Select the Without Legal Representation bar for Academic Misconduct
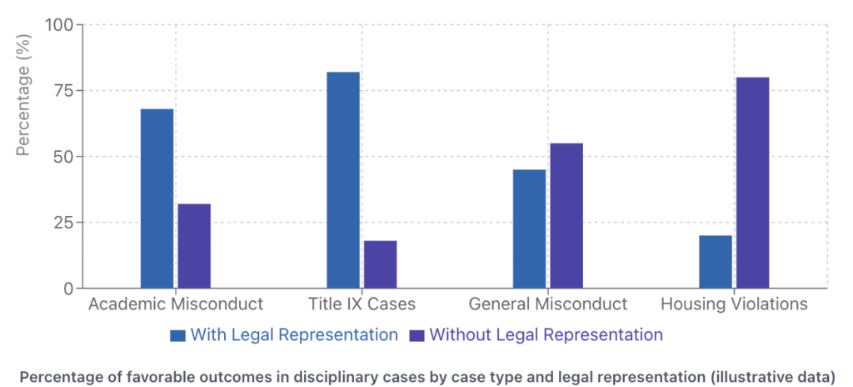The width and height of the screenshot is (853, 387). click(x=194, y=246)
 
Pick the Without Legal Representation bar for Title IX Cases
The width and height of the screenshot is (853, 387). click(x=380, y=264)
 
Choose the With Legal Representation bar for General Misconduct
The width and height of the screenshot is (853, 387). click(x=529, y=229)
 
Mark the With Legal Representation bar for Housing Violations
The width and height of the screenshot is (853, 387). click(x=716, y=262)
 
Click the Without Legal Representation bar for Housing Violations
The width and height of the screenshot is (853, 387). click(x=752, y=183)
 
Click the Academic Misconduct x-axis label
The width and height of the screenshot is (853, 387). click(x=176, y=304)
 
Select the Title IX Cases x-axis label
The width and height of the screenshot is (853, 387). click(x=362, y=304)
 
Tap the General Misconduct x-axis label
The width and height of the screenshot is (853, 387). click(x=548, y=304)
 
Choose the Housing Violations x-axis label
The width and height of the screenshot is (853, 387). click(x=734, y=304)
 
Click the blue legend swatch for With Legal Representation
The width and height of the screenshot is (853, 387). click(x=177, y=335)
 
